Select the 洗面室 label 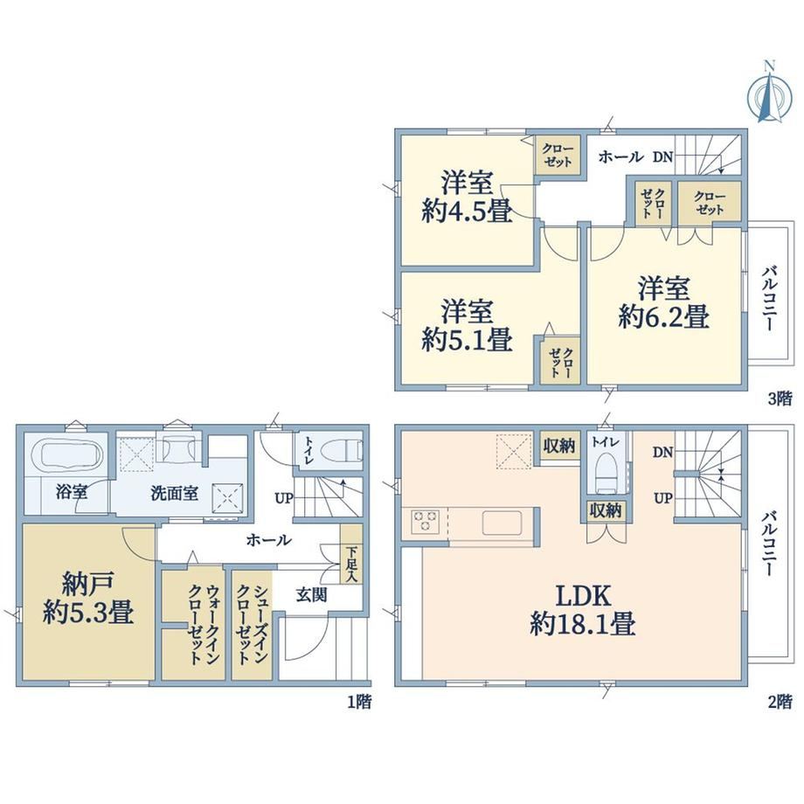[x=174, y=493]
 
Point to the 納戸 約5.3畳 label [x=88, y=598]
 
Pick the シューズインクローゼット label [x=252, y=625]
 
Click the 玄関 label [x=311, y=595]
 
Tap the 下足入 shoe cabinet [x=351, y=554]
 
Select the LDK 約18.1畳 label [x=583, y=611]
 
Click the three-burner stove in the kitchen [x=425, y=521]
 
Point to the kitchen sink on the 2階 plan [x=502, y=523]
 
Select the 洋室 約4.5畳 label [x=467, y=197]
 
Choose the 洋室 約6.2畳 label [x=663, y=302]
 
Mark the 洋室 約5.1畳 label [x=467, y=325]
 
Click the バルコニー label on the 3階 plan [x=770, y=298]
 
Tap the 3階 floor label [x=780, y=399]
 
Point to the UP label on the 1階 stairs [x=283, y=498]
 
